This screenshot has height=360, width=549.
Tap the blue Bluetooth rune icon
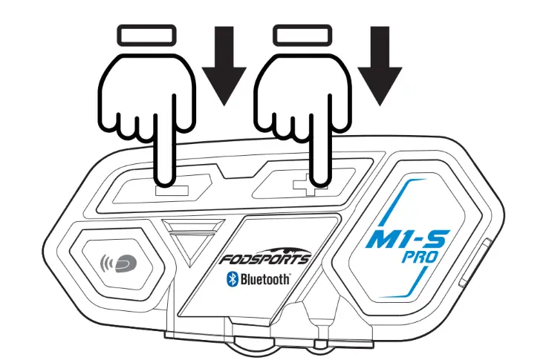(230, 280)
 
